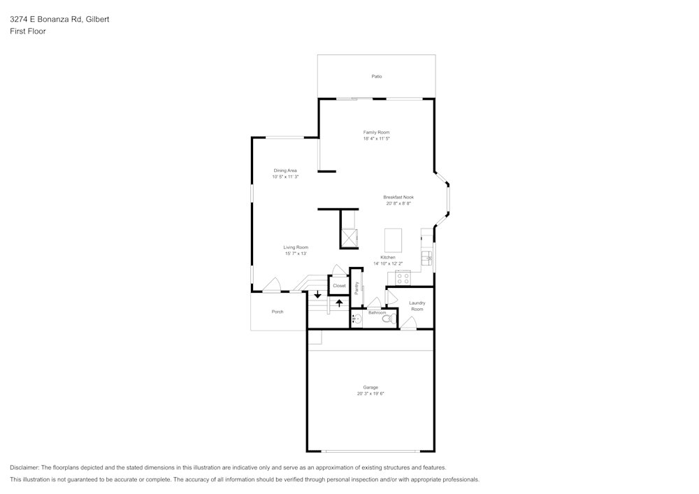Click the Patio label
[377, 77]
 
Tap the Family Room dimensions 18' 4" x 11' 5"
[377, 138]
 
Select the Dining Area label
[285, 170]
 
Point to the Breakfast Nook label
[398, 197]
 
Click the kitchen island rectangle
[393, 240]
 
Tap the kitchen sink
[427, 258]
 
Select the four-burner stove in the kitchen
[403, 279]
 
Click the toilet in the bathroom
[389, 319]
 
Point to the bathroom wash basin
[356, 319]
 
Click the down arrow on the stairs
[317, 294]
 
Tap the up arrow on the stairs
[339, 303]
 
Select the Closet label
[339, 286]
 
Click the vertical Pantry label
[356, 288]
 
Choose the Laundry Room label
[417, 306]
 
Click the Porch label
[278, 312]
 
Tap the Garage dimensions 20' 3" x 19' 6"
[370, 394]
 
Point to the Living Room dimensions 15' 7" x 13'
[296, 254]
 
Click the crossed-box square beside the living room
[349, 238]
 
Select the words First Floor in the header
[28, 31]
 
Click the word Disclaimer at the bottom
[24, 467]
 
